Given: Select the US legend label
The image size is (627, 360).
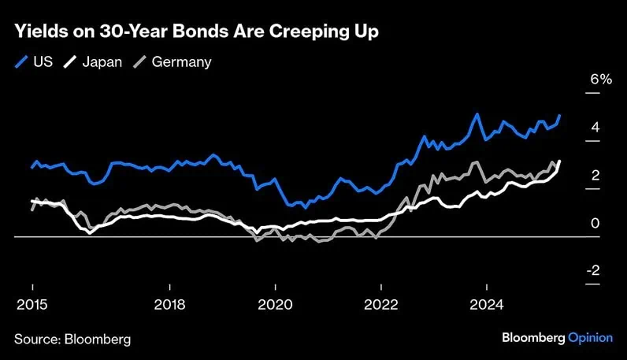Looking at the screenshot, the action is (43, 62).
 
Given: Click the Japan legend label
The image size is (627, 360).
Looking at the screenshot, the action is (102, 62).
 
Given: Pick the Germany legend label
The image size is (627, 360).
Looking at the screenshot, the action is (181, 62).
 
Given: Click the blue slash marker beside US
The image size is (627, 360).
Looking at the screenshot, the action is (21, 62).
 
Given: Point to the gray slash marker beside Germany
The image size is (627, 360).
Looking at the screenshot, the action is (139, 62).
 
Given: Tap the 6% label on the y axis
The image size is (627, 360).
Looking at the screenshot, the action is (601, 80).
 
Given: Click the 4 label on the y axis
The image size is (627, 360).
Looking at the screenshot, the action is (595, 127).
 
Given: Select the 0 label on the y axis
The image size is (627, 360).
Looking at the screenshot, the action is (595, 223).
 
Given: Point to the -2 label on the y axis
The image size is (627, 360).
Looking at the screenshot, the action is (593, 270).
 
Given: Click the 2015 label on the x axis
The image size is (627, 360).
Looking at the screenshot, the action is (32, 305).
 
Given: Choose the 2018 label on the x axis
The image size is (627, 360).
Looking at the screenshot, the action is (169, 305).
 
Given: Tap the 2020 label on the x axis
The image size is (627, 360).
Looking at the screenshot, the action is (275, 305).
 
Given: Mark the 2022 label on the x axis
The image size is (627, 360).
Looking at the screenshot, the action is (381, 305).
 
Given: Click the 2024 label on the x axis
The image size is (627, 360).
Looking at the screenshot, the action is (487, 305).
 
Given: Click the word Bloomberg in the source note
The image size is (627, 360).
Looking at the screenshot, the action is (98, 340).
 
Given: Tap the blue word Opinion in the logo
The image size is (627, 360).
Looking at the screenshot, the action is (590, 338).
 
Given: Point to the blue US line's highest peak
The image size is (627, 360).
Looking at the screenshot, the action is (477, 114).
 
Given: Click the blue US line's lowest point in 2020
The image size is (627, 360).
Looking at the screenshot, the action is (306, 208).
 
